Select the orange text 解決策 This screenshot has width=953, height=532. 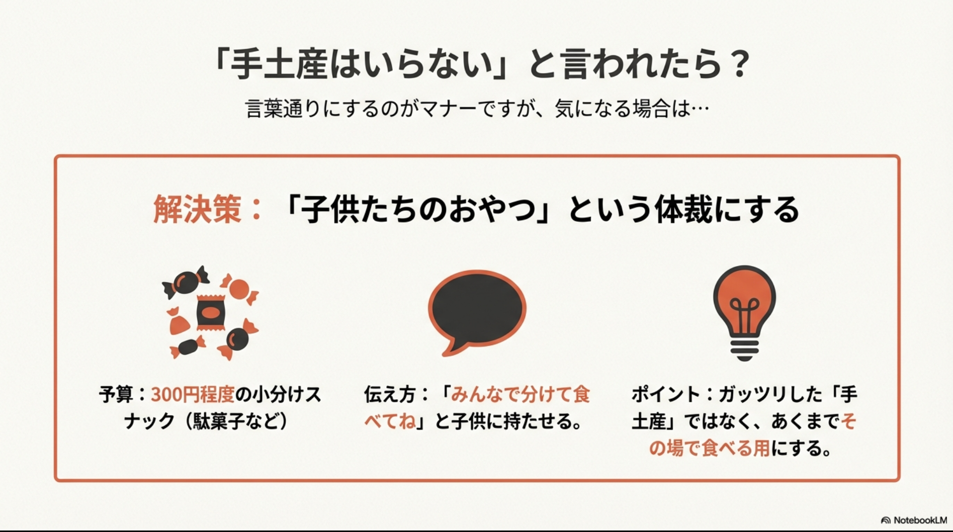click(197, 209)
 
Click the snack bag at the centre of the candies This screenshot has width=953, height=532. click(211, 312)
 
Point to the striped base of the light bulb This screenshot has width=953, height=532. click(744, 349)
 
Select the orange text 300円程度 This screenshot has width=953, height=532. click(192, 395)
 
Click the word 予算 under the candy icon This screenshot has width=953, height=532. click(115, 395)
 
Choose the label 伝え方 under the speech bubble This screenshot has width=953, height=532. click(389, 395)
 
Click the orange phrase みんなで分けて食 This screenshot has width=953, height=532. click(520, 395)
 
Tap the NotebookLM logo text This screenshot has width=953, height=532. click(920, 520)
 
